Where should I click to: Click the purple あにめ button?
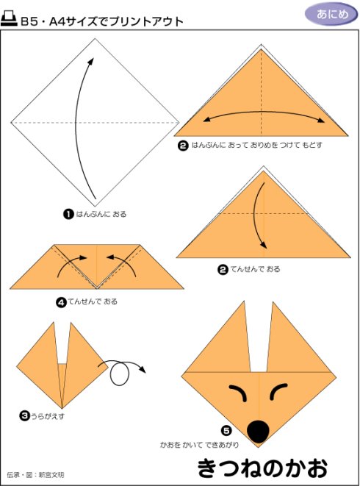(331, 14)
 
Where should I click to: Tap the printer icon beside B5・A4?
(9, 20)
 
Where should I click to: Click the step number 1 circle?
(68, 214)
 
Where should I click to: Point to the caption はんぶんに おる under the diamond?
(101, 214)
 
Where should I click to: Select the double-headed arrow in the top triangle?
(264, 115)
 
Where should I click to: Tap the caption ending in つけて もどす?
(257, 145)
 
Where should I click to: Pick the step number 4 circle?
(61, 302)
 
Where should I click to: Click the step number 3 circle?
(24, 416)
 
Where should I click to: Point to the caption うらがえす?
(48, 416)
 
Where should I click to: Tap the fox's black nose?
(258, 432)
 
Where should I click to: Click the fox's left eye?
(237, 393)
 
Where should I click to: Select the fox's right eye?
(278, 391)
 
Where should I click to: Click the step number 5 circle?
(226, 431)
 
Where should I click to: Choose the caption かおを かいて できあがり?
(199, 445)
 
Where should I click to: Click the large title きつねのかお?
(262, 468)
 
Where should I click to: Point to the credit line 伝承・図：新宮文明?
(35, 474)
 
